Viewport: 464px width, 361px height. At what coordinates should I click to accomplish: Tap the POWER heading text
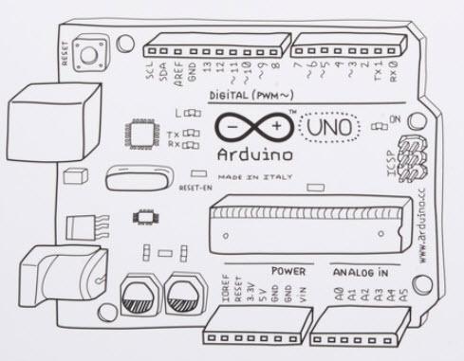pos(288,271)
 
